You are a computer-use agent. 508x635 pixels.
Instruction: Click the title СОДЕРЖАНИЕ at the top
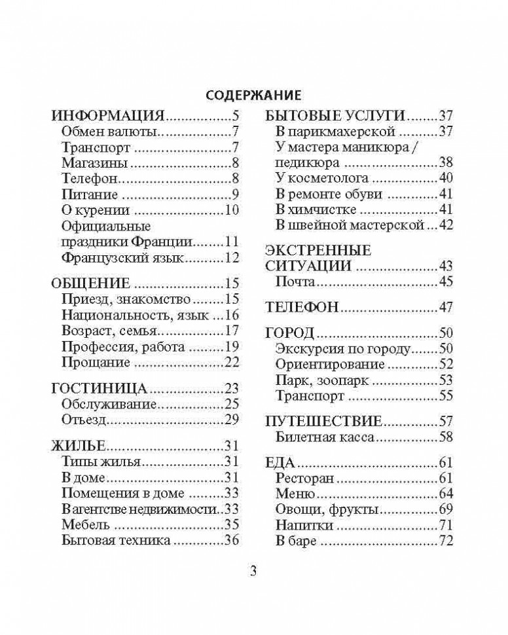254,96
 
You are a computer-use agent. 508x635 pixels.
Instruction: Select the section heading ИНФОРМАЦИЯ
107,117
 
